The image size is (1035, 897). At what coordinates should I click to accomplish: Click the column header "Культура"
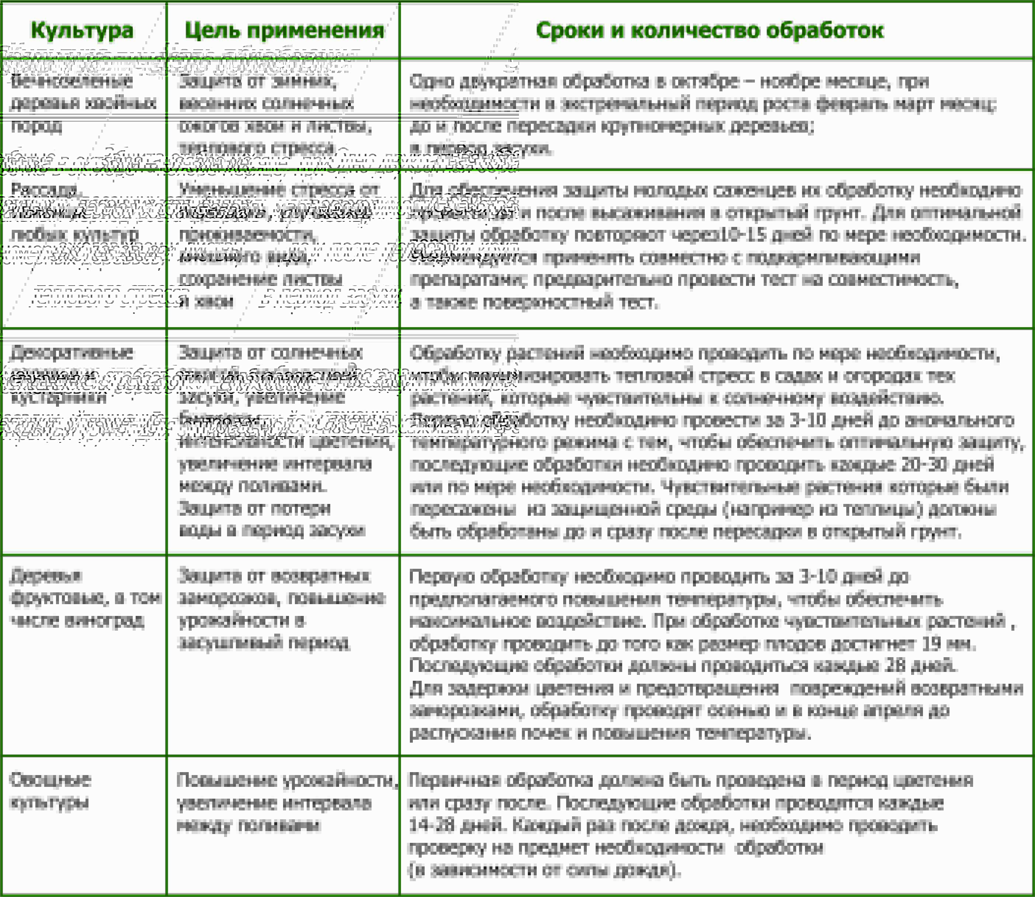82,30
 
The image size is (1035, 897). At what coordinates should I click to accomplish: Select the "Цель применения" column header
285,30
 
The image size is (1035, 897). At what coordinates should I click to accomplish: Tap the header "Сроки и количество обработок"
710,30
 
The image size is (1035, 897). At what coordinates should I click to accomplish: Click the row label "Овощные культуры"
50,791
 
